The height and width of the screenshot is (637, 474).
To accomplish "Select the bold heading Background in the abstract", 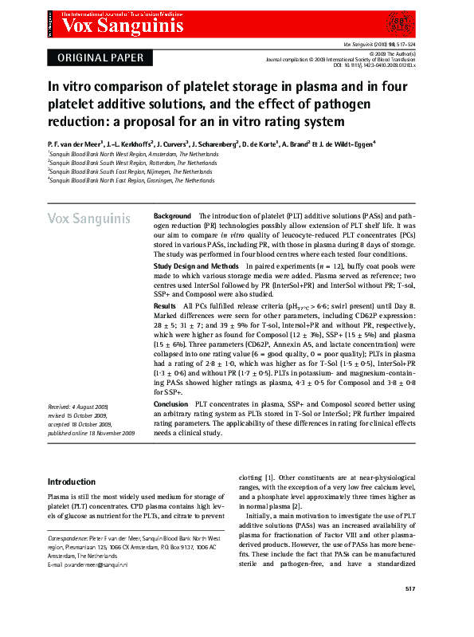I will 172,216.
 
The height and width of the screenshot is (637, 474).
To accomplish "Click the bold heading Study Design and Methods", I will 196,265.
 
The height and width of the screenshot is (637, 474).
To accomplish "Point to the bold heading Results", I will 165,305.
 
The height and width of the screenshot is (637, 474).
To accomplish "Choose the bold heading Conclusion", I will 170,404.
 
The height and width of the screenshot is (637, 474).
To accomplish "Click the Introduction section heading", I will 72,482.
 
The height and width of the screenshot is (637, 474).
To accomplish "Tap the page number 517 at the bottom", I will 411,611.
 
